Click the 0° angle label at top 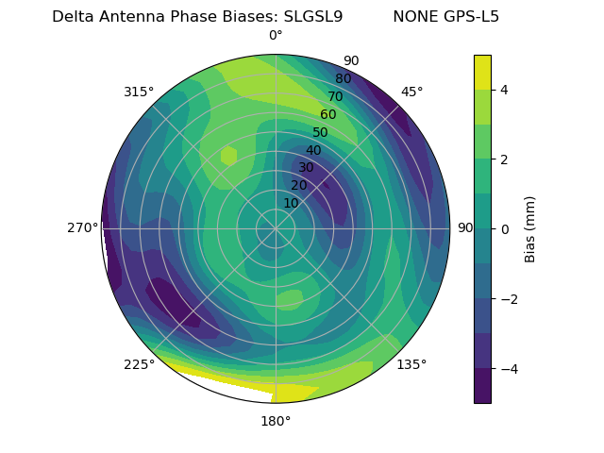[276, 36]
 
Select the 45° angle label [411, 92]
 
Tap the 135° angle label [411, 364]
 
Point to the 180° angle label [276, 421]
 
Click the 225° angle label [139, 364]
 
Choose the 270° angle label [83, 228]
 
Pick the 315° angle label [139, 92]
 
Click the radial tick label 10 [291, 203]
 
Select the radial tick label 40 [313, 150]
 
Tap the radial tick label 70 [335, 96]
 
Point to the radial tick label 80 [343, 78]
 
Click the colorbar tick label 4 [504, 90]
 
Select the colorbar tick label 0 [504, 228]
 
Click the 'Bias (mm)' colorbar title [530, 228]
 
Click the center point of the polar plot [276, 228]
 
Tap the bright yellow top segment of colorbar [482, 72]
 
